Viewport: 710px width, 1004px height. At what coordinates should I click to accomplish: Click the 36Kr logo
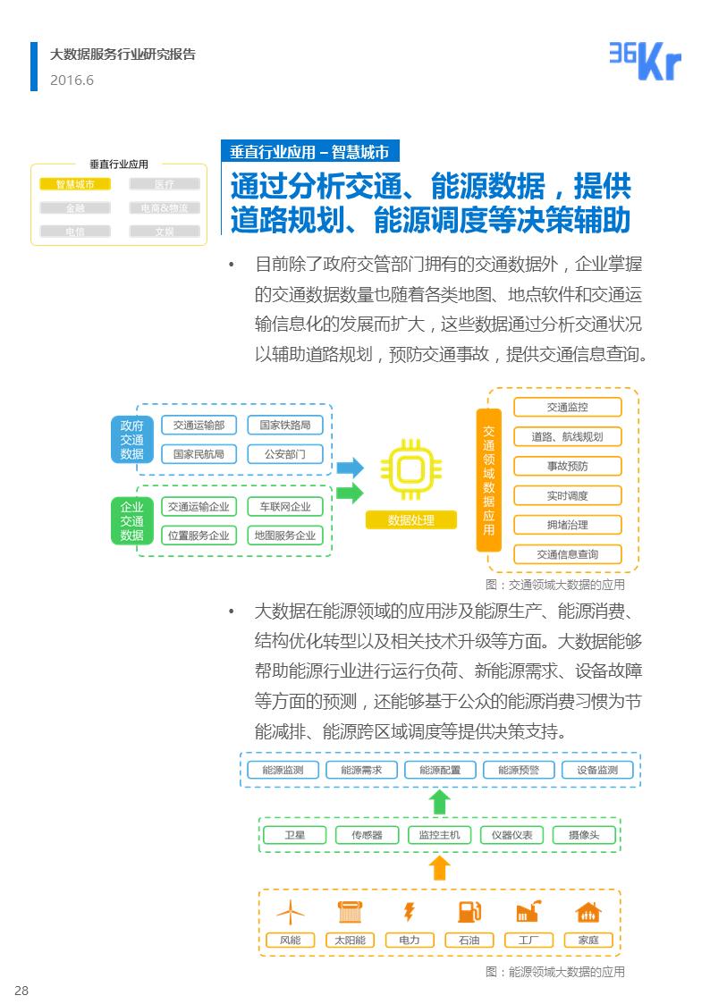tap(645, 61)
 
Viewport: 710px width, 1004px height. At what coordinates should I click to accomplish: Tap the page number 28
tap(21, 990)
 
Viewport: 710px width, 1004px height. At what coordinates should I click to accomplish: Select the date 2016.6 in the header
tap(72, 80)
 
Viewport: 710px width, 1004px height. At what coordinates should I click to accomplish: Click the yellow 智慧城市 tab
tap(75, 184)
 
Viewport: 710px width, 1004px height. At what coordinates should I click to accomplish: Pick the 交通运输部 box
tap(199, 426)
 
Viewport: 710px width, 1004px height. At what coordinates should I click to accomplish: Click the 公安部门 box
tap(285, 454)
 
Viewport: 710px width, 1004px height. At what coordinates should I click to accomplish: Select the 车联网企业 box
tap(285, 507)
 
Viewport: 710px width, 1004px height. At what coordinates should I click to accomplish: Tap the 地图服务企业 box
tap(285, 536)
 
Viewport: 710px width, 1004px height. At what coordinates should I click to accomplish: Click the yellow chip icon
tap(411, 469)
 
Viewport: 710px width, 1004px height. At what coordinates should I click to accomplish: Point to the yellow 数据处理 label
tap(411, 520)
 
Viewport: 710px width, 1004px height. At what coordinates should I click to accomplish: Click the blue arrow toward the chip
tap(350, 468)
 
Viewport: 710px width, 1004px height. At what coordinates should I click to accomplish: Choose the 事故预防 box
tap(567, 466)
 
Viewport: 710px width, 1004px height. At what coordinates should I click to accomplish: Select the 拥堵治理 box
tap(567, 525)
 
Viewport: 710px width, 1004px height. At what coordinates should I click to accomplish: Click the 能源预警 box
tap(519, 770)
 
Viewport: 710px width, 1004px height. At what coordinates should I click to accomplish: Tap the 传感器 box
tap(367, 835)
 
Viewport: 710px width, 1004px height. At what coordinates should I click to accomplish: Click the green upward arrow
tap(439, 802)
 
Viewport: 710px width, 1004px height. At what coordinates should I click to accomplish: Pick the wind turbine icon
tap(290, 912)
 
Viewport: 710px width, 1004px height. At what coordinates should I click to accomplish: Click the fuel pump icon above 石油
tap(469, 912)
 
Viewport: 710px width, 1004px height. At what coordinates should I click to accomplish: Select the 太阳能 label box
tap(350, 940)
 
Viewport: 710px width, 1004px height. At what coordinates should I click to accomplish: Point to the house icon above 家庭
tap(588, 912)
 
